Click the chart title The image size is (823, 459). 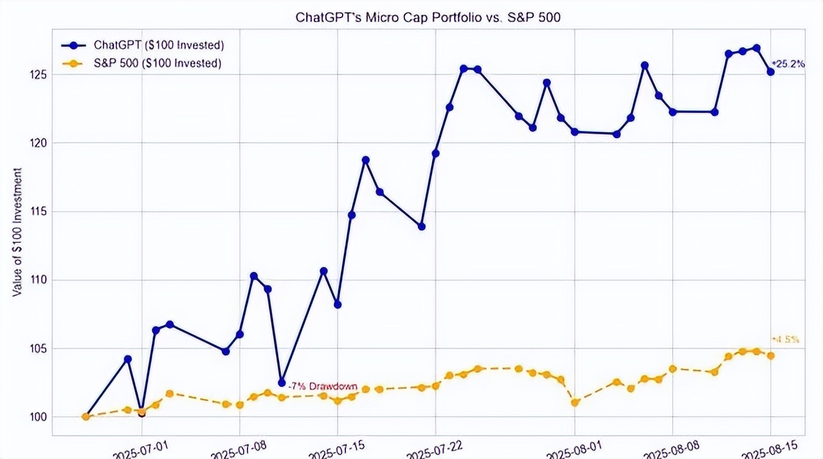point(428,17)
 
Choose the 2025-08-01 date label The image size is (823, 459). point(572,446)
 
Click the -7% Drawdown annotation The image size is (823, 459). point(322,386)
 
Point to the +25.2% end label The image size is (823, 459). point(790,64)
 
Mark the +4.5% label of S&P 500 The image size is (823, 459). point(786,339)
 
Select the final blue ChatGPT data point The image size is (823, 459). point(770,72)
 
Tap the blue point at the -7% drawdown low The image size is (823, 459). point(282,382)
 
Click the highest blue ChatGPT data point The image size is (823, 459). point(756,48)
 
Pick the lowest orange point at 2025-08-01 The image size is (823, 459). point(575,402)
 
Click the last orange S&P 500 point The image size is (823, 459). point(770,355)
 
